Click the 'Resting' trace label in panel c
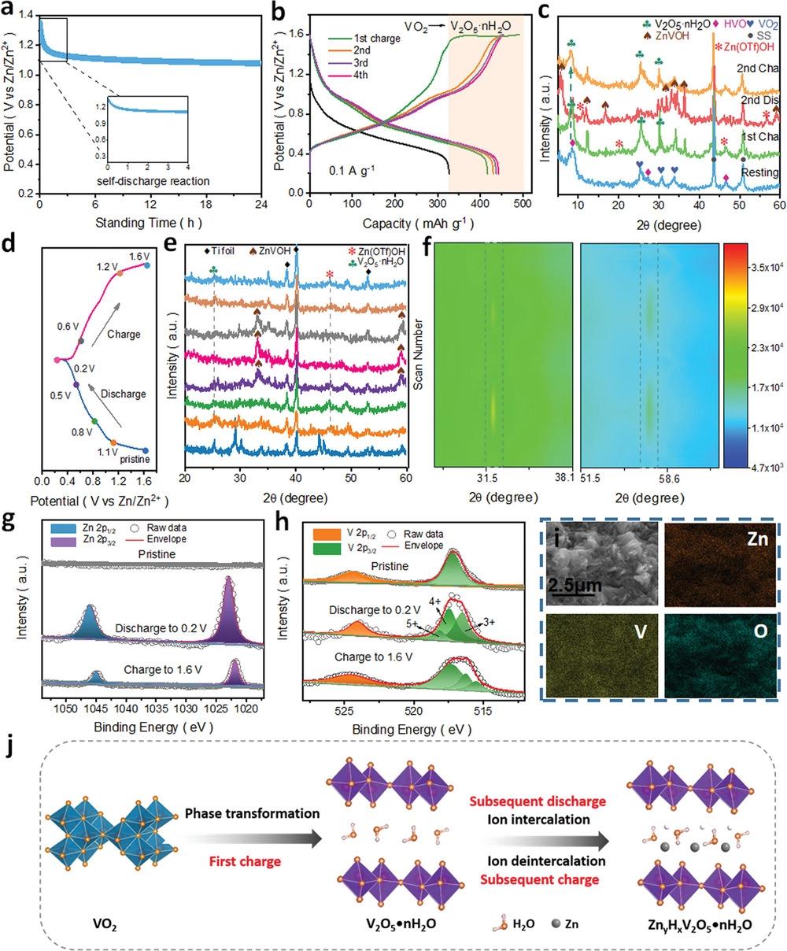(x=759, y=172)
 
